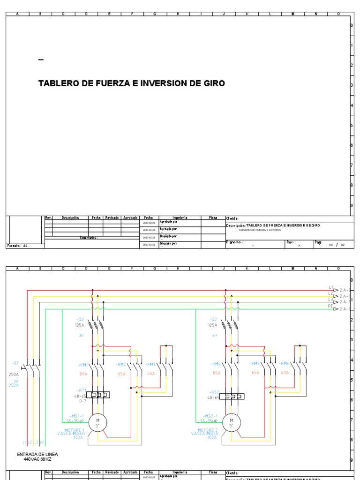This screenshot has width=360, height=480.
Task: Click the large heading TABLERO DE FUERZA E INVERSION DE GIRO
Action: tap(131, 83)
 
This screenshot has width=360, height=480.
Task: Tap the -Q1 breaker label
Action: tap(15, 363)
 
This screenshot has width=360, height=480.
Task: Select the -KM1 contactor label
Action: tap(83, 364)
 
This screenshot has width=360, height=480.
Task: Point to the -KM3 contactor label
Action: tap(150, 364)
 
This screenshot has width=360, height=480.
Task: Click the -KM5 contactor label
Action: tap(255, 364)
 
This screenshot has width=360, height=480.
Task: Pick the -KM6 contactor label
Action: tap(284, 364)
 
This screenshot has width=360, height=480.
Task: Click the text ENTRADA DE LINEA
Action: tap(37, 454)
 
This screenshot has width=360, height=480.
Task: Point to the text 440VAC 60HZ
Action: tap(37, 459)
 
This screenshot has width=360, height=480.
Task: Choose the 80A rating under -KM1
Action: tap(83, 374)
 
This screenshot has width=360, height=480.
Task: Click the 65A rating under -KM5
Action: tap(255, 373)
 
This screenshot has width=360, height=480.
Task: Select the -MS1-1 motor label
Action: tap(77, 416)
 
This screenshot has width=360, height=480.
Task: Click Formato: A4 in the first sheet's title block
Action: tap(17, 245)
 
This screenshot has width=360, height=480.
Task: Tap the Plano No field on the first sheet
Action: tap(234, 242)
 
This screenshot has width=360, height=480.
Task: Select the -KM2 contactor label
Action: tap(121, 364)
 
